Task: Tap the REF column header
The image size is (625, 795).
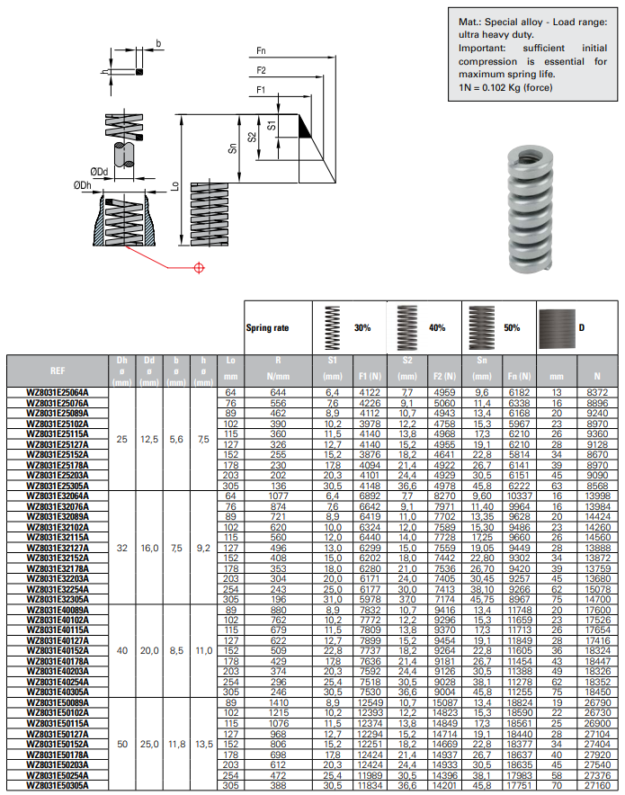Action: [57, 370]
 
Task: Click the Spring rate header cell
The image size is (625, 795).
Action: [268, 328]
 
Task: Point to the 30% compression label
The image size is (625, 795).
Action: [362, 328]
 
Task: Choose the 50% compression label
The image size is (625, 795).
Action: [512, 328]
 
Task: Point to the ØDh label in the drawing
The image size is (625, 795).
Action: [83, 186]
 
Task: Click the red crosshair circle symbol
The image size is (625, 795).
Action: [199, 267]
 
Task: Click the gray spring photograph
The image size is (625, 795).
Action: [532, 209]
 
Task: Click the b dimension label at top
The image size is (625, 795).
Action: [158, 42]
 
